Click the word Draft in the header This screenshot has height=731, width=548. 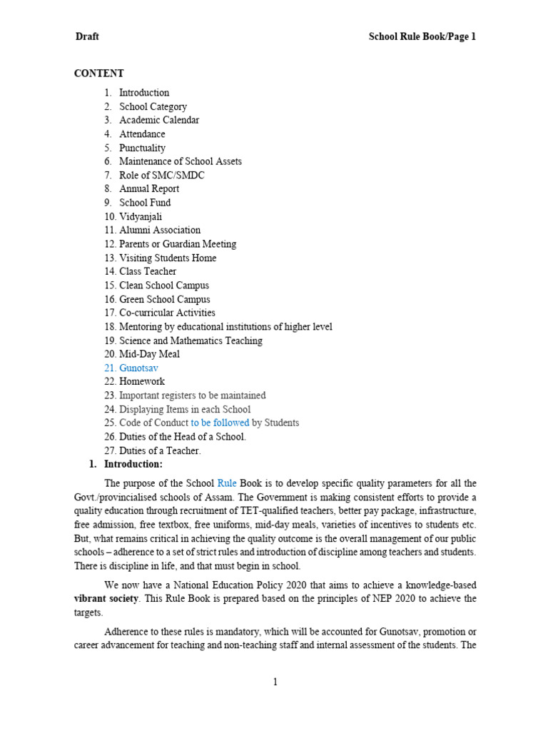(x=87, y=37)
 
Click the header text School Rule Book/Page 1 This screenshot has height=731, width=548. (x=422, y=37)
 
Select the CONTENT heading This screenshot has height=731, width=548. (x=99, y=74)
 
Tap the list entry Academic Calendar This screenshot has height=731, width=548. (x=159, y=120)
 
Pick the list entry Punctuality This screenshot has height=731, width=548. (x=142, y=148)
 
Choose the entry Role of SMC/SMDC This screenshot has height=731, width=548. (x=162, y=175)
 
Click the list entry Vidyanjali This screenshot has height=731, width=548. (x=145, y=216)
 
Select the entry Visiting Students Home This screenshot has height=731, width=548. (x=168, y=258)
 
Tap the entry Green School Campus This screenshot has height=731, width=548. (x=164, y=299)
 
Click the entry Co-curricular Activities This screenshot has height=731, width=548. (x=167, y=313)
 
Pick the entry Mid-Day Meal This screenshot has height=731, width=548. (x=149, y=354)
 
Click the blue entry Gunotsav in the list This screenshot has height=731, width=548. (x=138, y=368)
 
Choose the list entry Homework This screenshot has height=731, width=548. (x=141, y=381)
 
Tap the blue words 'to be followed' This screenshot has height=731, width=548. (x=220, y=423)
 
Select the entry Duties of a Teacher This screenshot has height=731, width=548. (x=160, y=450)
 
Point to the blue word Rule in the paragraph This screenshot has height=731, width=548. (x=226, y=483)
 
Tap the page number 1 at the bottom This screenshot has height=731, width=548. (x=275, y=682)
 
